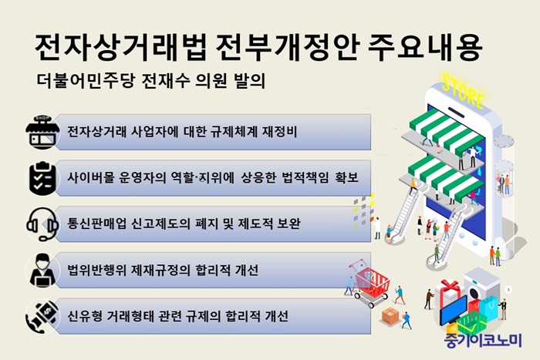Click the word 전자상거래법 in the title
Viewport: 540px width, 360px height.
tap(121, 48)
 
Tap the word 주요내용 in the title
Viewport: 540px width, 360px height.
tap(424, 48)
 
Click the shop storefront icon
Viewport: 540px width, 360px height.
tap(42, 133)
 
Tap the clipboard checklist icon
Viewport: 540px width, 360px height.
tap(42, 178)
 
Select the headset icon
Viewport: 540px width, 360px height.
tap(42, 224)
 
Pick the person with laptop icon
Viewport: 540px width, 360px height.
tap(42, 270)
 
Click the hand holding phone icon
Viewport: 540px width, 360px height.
tap(42, 316)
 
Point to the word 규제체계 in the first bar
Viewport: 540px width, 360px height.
tap(234, 132)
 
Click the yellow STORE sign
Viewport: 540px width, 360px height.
tap(463, 91)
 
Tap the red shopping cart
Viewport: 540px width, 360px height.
tap(371, 283)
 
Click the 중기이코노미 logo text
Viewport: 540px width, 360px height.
tap(483, 341)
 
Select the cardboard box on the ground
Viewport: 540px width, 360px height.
tap(390, 315)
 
